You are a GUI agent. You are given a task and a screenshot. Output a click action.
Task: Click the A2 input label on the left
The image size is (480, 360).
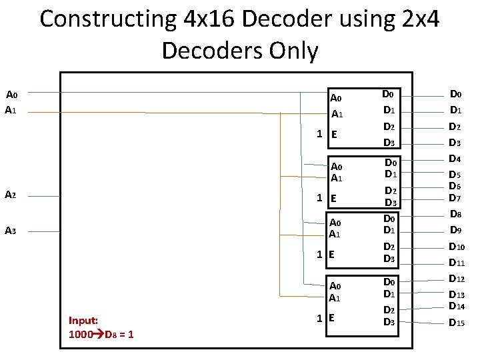point(10,195)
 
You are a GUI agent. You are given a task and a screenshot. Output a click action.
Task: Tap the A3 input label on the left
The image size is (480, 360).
point(10,231)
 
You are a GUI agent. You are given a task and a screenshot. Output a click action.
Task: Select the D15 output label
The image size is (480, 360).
point(457,323)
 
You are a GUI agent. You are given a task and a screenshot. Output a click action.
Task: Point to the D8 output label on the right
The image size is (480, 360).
point(456,215)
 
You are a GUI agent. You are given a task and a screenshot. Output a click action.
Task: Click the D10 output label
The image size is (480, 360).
point(457,247)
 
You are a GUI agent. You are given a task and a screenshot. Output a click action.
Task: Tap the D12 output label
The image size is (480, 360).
point(457,279)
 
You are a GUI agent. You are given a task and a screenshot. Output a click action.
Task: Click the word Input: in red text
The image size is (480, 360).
point(83,321)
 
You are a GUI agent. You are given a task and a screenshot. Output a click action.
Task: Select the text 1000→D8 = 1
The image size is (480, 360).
point(101,334)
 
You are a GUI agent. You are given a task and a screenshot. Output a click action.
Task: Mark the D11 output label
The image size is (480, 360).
point(457,263)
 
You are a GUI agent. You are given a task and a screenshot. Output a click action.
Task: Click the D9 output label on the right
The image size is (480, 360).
point(456,231)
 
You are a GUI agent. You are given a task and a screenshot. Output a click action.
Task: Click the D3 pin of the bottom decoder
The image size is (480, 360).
point(389,323)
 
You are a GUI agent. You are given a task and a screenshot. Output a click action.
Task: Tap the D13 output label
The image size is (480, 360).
point(457,295)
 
